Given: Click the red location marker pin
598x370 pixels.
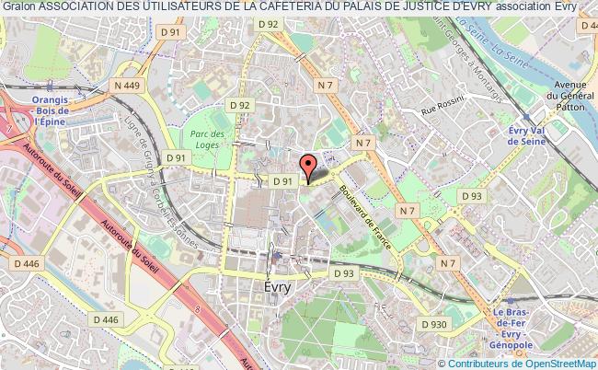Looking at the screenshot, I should (308, 166).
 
